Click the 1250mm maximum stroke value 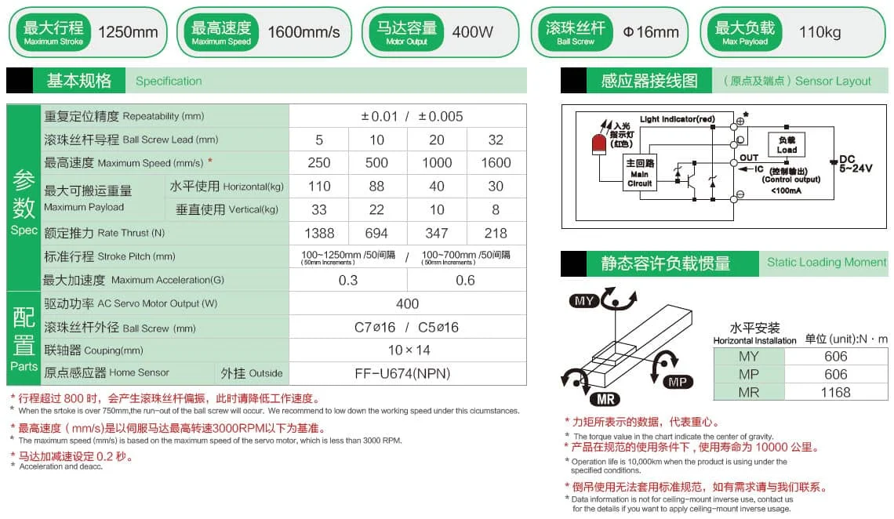coord(128,32)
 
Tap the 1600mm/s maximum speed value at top coord(304,32)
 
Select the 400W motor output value coord(473,32)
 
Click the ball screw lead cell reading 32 coord(496,140)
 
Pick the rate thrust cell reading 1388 coord(319,233)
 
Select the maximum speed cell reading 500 coord(377,163)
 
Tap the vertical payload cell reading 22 coord(377,209)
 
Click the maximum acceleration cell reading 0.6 coord(465,280)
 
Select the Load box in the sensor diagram coord(787,146)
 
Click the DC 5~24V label coord(855,163)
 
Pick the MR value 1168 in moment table coord(836,392)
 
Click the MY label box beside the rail coord(585,301)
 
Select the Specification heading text coord(169,81)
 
